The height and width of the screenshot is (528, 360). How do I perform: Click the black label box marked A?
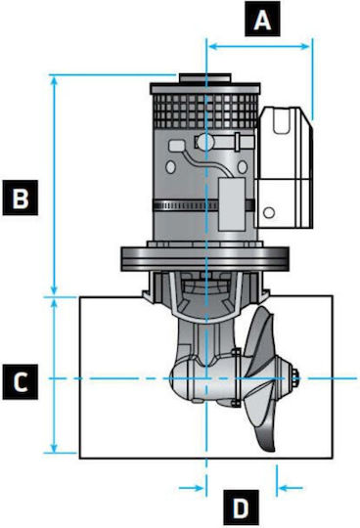tap(262, 19)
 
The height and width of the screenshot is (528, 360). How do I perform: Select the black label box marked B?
tap(21, 198)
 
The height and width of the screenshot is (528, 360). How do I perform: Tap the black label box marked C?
tap(21, 382)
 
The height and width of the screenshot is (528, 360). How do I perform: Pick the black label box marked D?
tap(241, 507)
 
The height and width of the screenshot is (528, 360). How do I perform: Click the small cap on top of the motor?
tap(204, 78)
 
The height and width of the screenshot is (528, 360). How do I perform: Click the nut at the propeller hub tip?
tap(295, 378)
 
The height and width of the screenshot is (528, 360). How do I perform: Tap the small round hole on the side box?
tap(269, 213)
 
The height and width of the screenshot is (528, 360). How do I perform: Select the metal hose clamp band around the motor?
tap(203, 205)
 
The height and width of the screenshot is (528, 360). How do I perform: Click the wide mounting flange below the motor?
tap(204, 258)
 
